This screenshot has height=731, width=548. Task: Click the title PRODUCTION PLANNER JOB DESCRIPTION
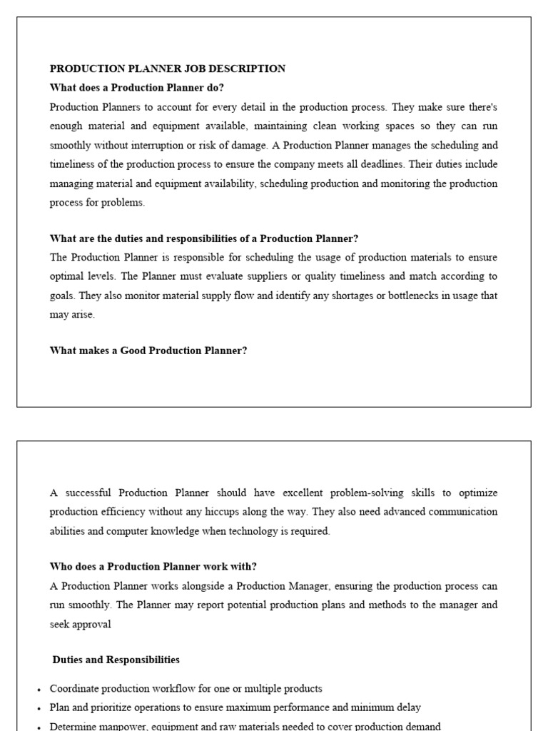pos(167,69)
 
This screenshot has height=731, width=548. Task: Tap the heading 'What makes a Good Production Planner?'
pos(148,351)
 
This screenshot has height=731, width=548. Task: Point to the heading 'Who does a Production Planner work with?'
pos(153,566)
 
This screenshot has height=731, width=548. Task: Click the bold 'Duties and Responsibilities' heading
pos(116,660)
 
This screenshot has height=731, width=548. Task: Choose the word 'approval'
pos(91,624)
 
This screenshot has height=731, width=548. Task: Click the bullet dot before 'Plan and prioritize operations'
pos(39,708)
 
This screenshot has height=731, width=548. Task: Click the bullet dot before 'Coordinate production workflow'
pos(39,690)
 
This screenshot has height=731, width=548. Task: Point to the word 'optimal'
pos(68,276)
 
